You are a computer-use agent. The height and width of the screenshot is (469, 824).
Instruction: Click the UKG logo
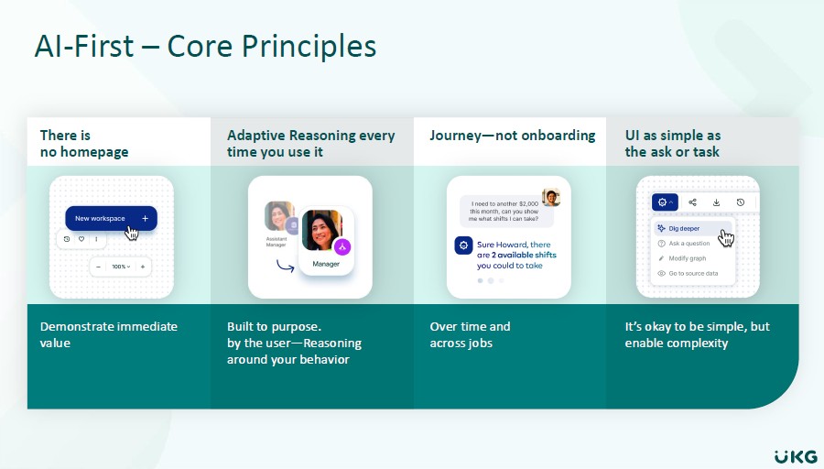pyautogui.click(x=796, y=456)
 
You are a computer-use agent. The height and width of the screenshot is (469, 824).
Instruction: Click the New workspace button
pyautogui.click(x=111, y=218)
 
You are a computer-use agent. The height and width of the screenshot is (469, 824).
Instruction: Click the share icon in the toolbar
pyautogui.click(x=692, y=202)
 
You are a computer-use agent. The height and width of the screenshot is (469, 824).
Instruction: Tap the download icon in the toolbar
pyautogui.click(x=716, y=202)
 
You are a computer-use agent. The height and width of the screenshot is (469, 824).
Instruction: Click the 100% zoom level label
pyautogui.click(x=120, y=267)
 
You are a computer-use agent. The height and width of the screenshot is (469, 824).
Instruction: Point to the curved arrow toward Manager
pyautogui.click(x=285, y=267)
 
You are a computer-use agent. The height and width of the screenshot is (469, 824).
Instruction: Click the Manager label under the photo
pyautogui.click(x=326, y=264)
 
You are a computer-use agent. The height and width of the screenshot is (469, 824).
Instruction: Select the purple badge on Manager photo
pyautogui.click(x=342, y=246)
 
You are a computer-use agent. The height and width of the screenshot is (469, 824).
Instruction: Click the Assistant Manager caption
pyautogui.click(x=276, y=242)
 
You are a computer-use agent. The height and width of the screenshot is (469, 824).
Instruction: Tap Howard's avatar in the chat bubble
pyautogui.click(x=551, y=198)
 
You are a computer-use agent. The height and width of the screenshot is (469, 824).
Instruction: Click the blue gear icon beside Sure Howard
pyautogui.click(x=463, y=245)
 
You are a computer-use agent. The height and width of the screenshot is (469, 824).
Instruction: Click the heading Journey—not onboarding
pyautogui.click(x=513, y=136)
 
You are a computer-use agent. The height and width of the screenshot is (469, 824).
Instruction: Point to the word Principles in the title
pyautogui.click(x=309, y=47)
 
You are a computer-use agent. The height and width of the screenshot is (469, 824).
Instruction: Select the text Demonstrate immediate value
pyautogui.click(x=109, y=334)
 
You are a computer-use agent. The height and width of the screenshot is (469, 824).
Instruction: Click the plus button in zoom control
pyautogui.click(x=143, y=267)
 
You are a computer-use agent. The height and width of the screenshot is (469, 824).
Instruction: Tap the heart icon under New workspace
pyautogui.click(x=81, y=239)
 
